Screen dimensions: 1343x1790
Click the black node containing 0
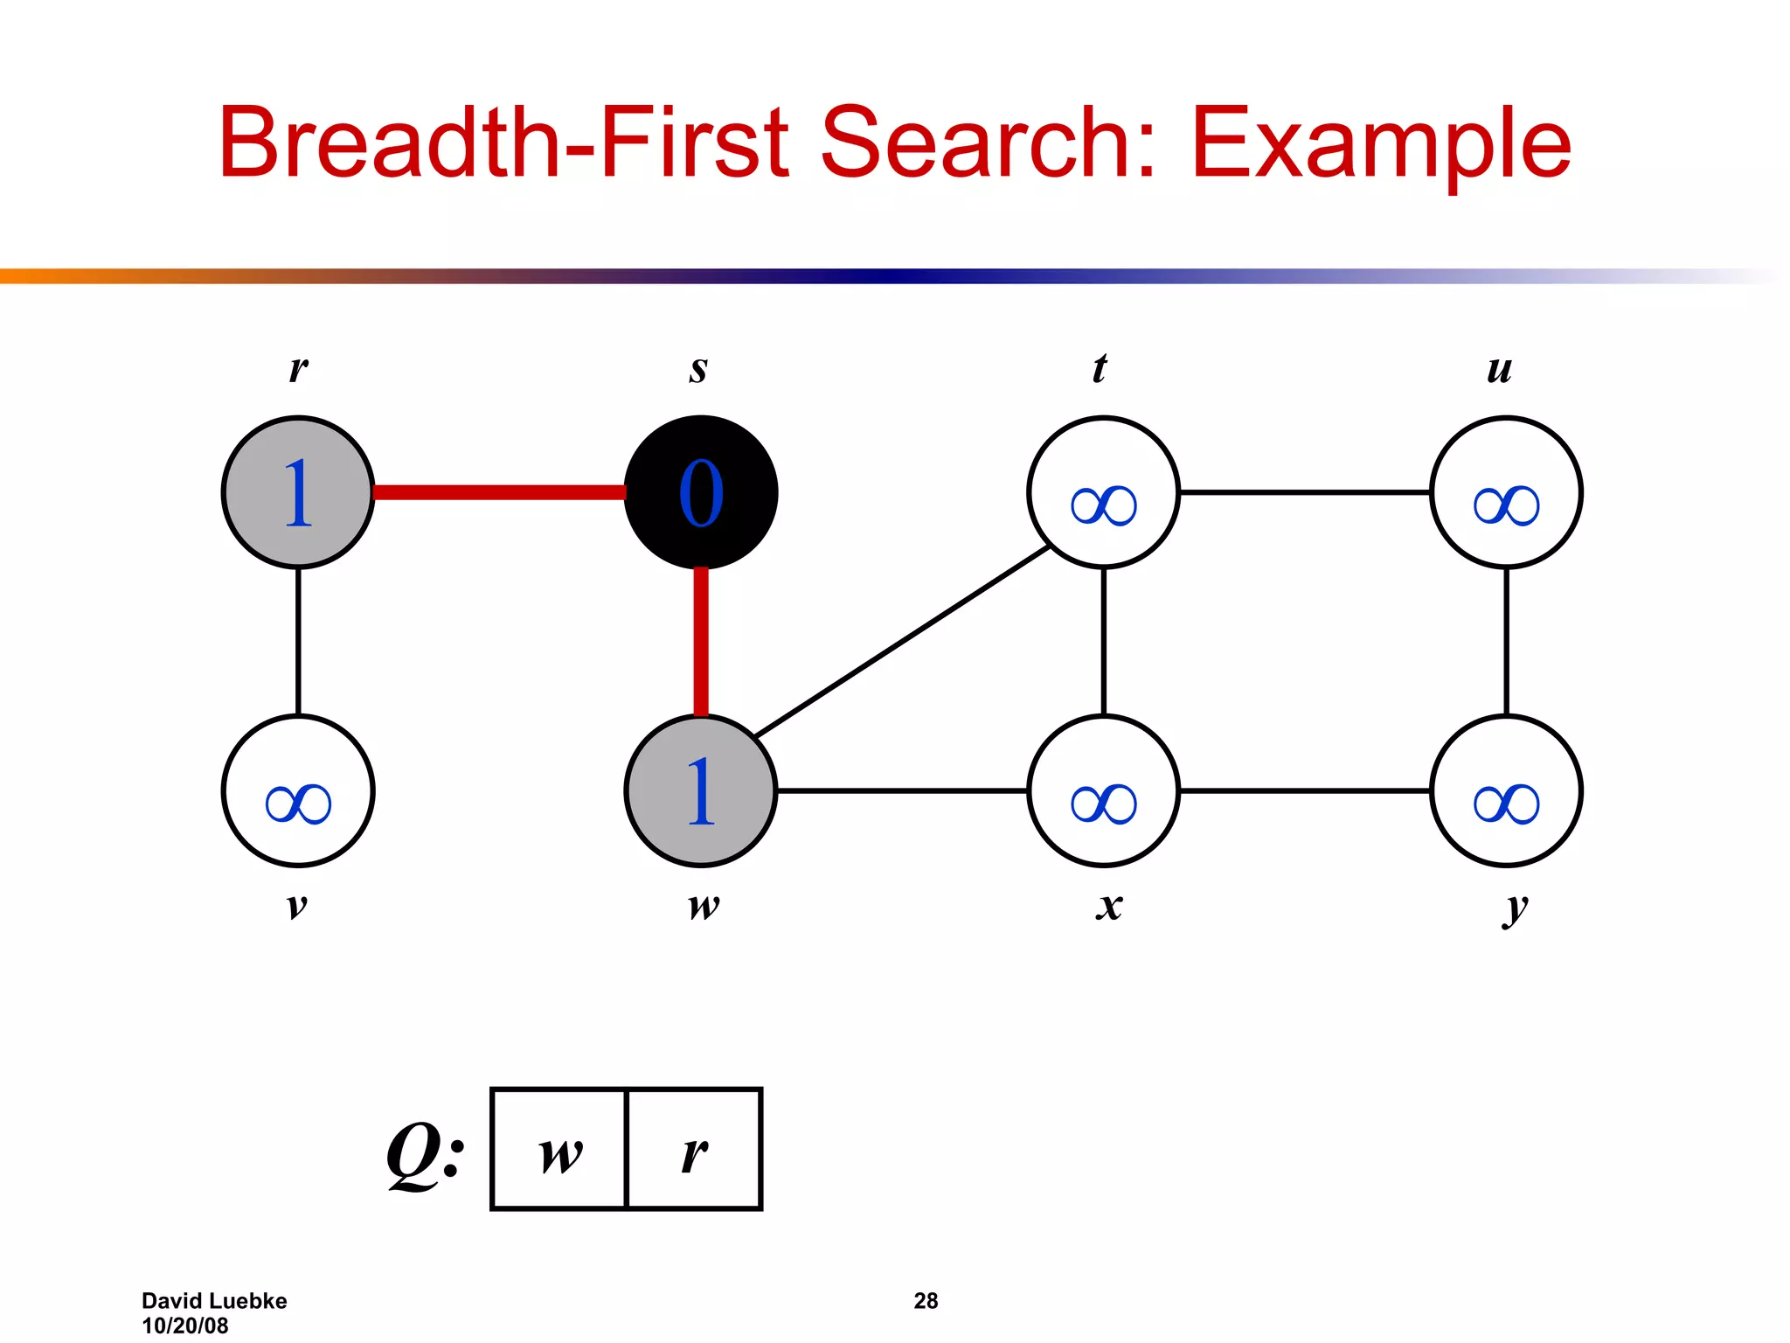coord(700,492)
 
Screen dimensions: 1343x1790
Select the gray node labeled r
coord(298,492)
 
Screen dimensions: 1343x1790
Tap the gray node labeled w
coord(700,790)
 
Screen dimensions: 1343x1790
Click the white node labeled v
coord(298,790)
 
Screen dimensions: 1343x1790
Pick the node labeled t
coord(1103,492)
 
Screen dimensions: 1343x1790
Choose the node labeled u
coord(1506,492)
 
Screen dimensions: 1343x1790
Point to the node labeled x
coord(1103,790)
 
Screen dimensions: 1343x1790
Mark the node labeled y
coord(1506,790)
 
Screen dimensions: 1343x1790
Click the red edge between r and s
coord(499,492)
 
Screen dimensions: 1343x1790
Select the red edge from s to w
coord(700,641)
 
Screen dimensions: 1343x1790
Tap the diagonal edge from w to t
coord(902,641)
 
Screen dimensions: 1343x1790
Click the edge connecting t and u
coord(1304,492)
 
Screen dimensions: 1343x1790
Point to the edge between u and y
coord(1506,641)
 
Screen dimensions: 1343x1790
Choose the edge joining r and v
coord(298,641)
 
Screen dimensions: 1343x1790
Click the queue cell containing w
coord(560,1149)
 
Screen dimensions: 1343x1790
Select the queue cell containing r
coord(695,1149)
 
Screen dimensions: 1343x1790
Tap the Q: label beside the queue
coord(426,1152)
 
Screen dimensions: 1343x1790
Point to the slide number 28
coord(926,1301)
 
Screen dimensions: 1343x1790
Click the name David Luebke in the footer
coord(214,1301)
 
